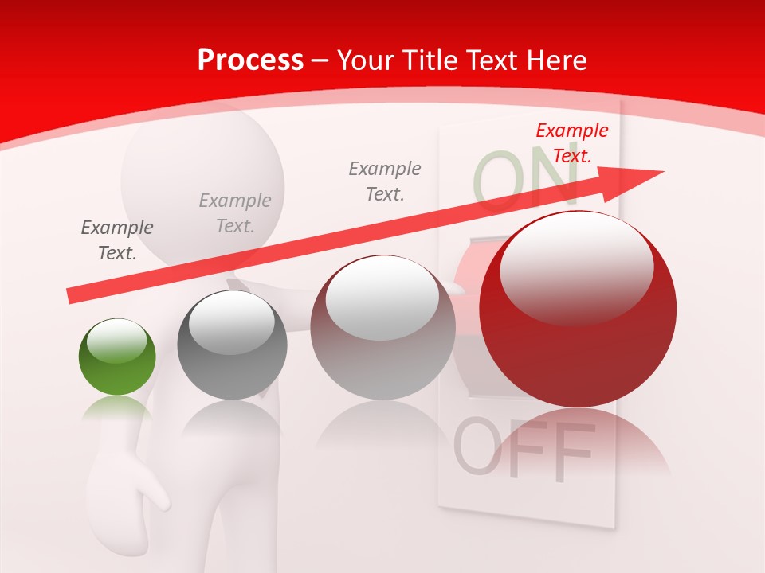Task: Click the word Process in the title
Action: (250, 60)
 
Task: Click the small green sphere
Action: (117, 357)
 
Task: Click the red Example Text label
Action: (571, 143)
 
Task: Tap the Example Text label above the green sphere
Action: (117, 240)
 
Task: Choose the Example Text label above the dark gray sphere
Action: (235, 213)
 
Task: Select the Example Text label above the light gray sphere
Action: (385, 181)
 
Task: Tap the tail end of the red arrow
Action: (70, 296)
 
